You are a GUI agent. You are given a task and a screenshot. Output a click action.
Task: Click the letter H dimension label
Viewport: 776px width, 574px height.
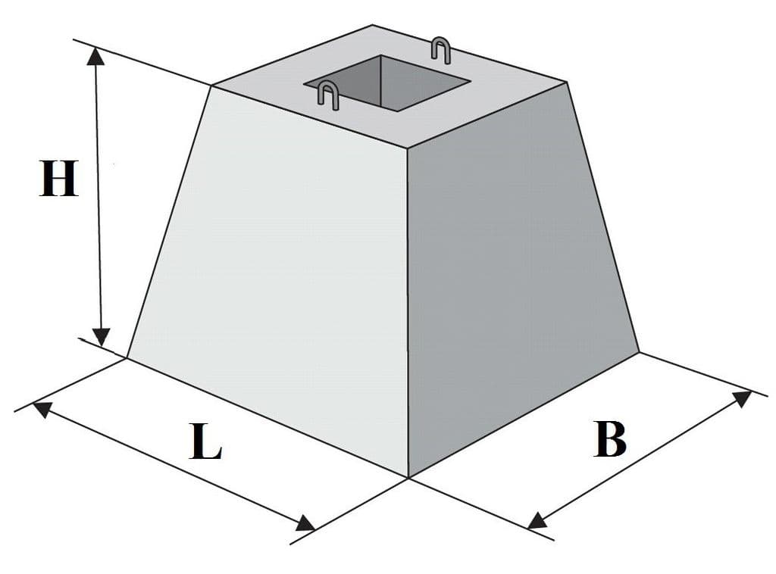59,179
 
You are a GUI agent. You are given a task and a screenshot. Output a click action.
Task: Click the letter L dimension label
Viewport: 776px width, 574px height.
205,441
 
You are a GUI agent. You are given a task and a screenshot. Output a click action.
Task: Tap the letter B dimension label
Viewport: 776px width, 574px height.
610,439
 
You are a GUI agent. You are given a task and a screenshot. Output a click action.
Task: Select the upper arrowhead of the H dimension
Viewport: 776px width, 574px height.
95,58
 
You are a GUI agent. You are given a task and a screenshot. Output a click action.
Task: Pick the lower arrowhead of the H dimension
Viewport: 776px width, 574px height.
101,337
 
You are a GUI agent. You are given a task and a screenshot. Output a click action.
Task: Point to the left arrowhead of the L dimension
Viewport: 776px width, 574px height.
42,410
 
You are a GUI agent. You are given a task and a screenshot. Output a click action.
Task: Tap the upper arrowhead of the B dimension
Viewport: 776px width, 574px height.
742,398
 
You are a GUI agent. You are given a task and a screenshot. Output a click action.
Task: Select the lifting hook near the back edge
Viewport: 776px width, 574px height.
440,49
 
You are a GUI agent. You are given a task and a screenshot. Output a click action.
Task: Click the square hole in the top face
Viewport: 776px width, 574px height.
386,83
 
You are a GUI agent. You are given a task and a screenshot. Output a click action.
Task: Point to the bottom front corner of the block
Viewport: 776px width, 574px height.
408,478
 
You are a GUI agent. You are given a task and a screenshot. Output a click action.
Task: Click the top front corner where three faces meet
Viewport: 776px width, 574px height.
407,148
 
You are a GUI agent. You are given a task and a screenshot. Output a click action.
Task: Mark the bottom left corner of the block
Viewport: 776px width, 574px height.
127,357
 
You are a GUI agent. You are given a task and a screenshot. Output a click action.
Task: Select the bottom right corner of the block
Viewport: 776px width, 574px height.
639,352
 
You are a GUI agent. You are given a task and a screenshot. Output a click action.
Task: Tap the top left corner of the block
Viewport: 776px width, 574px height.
212,86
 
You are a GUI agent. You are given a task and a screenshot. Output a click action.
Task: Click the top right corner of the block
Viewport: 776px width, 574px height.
565,81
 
